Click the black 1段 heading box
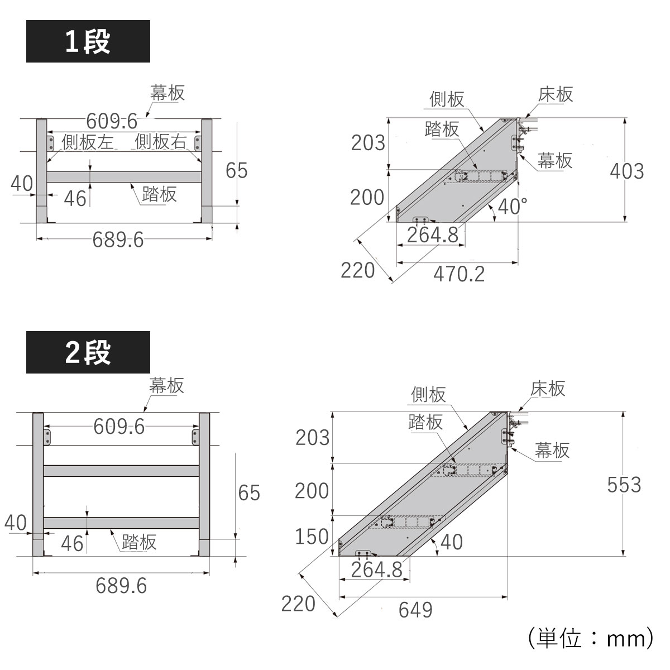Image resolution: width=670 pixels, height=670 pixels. pos(88,41)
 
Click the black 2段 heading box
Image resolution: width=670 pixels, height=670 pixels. pos(88,352)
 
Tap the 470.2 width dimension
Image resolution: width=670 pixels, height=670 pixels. pos(458,274)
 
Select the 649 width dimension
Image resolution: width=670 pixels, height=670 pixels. pos(415,610)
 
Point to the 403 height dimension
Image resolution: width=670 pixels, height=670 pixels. pos(626,171)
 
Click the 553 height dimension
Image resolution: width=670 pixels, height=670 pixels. pos(624,485)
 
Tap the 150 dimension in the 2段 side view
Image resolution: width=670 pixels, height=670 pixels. pos(312,537)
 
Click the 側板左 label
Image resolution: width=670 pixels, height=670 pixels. pos(87,142)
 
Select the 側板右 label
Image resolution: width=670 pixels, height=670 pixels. pos(160,142)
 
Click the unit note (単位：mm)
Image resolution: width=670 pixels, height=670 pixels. pos(589,638)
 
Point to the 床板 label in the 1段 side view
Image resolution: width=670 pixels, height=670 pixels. pos(556,94)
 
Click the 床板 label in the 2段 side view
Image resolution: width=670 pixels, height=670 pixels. pos(548,388)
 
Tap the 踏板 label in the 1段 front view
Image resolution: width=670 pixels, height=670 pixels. pos(159,194)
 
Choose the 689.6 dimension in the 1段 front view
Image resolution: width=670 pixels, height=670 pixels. pos(118,240)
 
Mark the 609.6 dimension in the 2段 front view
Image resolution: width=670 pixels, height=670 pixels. pos(118,427)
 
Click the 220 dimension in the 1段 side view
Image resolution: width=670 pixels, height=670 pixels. pos(357,270)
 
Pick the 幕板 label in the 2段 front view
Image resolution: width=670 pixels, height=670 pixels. pos(166,385)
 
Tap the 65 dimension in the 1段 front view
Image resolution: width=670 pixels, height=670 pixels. pos(236,170)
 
